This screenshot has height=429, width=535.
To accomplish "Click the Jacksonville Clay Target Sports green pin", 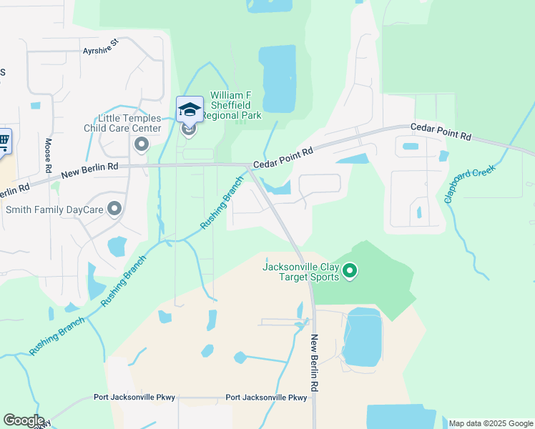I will (350, 270).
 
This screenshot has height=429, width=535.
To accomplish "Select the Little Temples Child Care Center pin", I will (142, 145).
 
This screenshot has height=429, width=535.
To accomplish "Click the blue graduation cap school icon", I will (190, 109).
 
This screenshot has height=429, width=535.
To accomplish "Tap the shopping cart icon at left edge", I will (4, 141).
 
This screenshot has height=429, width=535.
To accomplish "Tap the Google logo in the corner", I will (24, 420).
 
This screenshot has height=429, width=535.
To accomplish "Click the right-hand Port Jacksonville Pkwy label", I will (266, 398).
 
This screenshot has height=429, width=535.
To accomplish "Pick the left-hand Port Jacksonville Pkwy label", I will (134, 398).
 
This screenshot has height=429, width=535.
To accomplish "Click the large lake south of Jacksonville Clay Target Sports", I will (363, 338).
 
